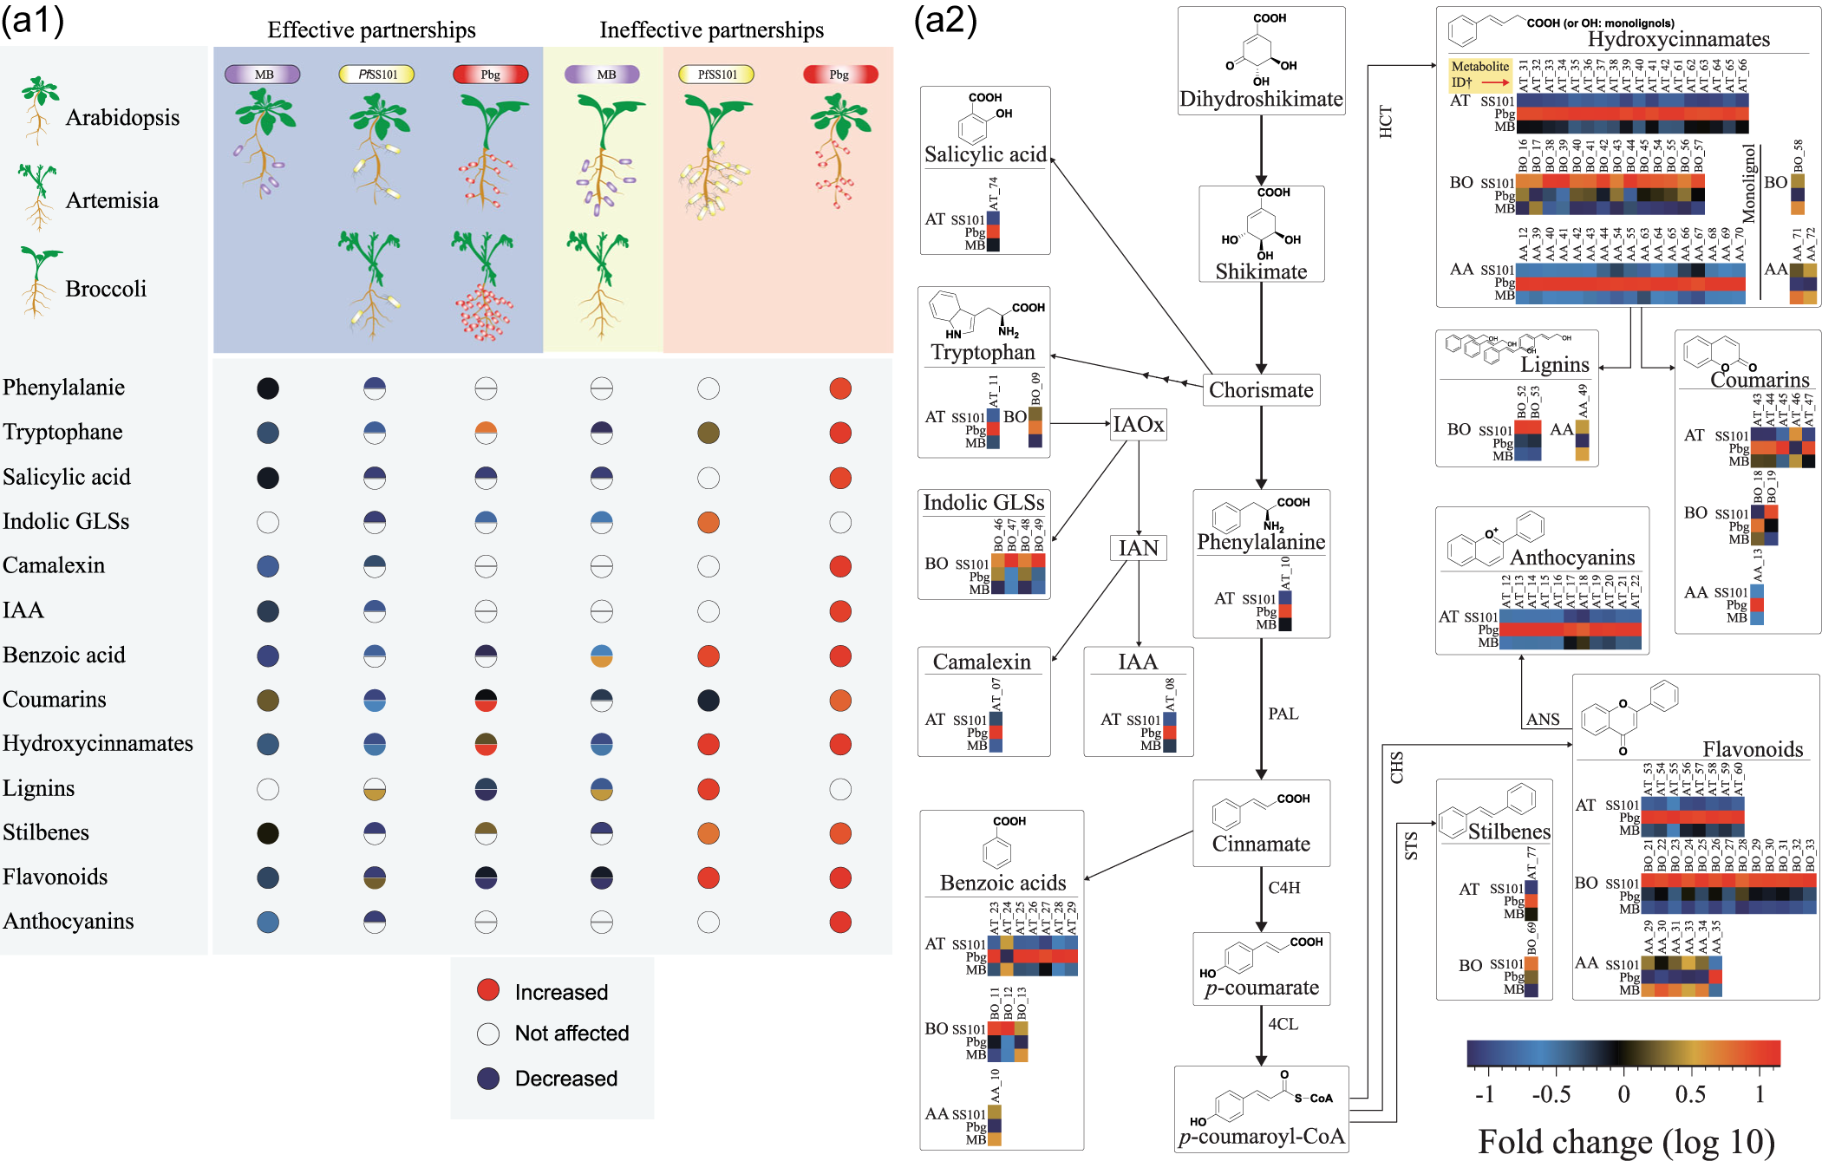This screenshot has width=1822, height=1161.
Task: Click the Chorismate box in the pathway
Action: click(1261, 390)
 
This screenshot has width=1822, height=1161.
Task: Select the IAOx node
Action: click(1138, 424)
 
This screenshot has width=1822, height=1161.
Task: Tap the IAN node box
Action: click(1138, 548)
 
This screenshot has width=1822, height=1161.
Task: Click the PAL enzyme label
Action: click(1283, 714)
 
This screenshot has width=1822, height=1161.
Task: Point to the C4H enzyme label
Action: click(1284, 888)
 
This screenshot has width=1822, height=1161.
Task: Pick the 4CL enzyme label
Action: click(1283, 1024)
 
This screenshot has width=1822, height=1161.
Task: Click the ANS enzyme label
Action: click(1543, 719)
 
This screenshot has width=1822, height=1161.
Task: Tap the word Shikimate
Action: click(1261, 271)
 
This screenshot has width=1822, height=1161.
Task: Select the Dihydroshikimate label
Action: click(1261, 99)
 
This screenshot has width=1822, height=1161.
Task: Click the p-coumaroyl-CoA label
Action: click(1261, 1136)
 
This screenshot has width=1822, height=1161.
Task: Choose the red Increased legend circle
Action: click(488, 990)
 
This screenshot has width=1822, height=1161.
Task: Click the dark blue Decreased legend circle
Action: click(488, 1078)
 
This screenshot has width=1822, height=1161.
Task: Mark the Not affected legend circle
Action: click(488, 1034)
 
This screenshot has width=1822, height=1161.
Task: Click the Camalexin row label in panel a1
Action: click(54, 565)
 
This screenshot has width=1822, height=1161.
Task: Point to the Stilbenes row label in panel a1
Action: click(46, 832)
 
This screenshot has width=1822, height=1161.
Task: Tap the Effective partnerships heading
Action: click(371, 30)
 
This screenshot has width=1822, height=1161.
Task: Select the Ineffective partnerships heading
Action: click(711, 30)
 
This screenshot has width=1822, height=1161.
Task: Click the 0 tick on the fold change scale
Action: click(1623, 1093)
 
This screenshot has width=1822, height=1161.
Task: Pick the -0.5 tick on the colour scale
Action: click(1551, 1093)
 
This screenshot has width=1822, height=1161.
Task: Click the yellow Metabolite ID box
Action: click(1480, 75)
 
